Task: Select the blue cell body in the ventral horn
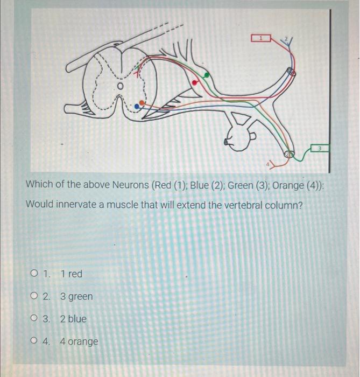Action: coord(137,107)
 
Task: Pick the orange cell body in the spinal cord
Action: coord(142,102)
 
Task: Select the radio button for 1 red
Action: coord(34,274)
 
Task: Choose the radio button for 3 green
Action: coord(34,297)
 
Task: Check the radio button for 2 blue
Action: coord(34,319)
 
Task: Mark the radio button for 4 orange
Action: coord(34,341)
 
